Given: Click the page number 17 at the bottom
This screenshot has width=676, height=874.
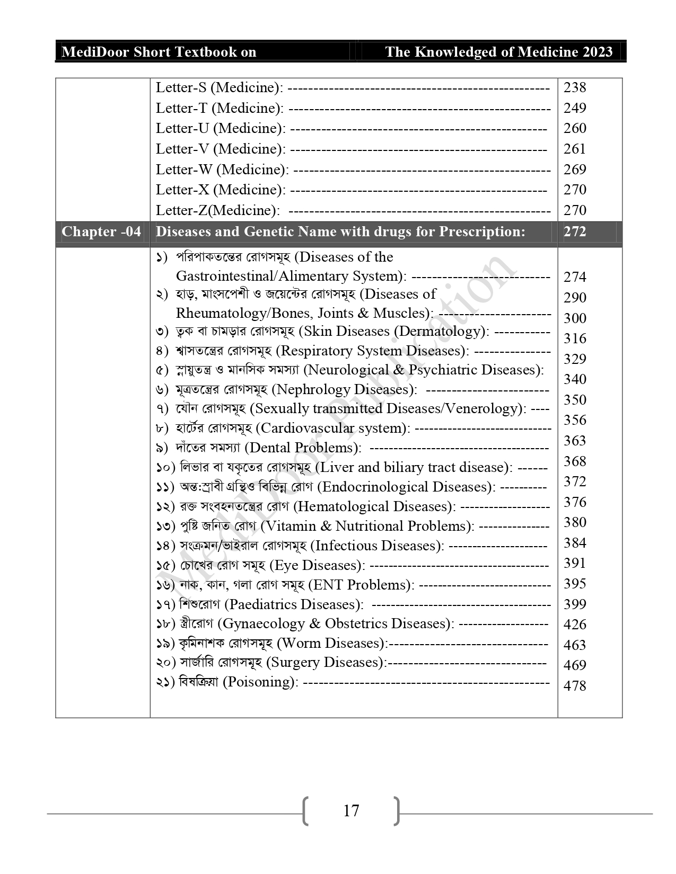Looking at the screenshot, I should click(351, 811).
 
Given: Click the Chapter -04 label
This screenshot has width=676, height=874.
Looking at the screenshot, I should click(101, 232).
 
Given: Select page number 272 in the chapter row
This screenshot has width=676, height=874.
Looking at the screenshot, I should click(575, 231).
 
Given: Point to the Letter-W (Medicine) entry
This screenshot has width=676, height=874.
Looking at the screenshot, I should click(222, 170).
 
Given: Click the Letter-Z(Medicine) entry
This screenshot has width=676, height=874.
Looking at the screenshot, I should click(217, 210).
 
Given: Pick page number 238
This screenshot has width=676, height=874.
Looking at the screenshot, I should click(575, 87).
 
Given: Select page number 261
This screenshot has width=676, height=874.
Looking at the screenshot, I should click(575, 149).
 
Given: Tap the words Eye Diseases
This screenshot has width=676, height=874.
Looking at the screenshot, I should click(317, 565).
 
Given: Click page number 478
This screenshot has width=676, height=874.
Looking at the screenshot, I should click(575, 686).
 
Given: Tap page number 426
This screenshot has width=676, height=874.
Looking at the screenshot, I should click(575, 625).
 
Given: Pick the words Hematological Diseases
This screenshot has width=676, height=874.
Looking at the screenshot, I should click(374, 506).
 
